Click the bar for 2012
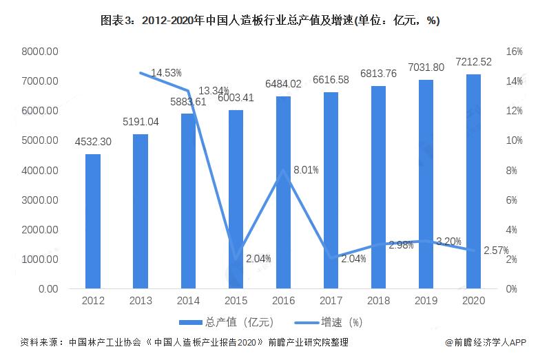(x=93, y=221)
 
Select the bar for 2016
(x=283, y=192)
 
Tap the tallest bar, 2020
(x=473, y=181)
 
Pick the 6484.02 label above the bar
(x=283, y=84)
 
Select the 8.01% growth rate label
(x=305, y=169)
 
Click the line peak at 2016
(x=283, y=170)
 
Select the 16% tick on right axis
(x=515, y=52)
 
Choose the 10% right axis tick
(x=515, y=140)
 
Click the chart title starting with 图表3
(x=273, y=21)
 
